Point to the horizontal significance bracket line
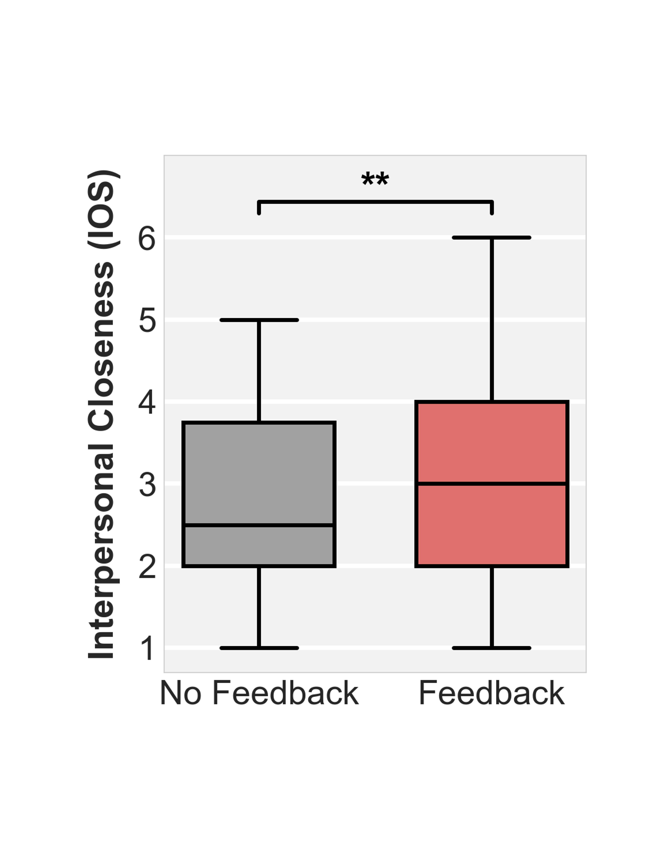click(x=375, y=202)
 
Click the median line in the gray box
click(x=259, y=525)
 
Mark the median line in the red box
click(x=492, y=484)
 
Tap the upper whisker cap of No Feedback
click(x=259, y=320)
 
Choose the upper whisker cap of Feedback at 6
click(x=492, y=238)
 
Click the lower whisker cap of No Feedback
click(x=259, y=648)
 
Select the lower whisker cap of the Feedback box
click(x=492, y=648)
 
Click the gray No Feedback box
click(x=259, y=471)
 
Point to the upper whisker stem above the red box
click(x=492, y=318)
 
